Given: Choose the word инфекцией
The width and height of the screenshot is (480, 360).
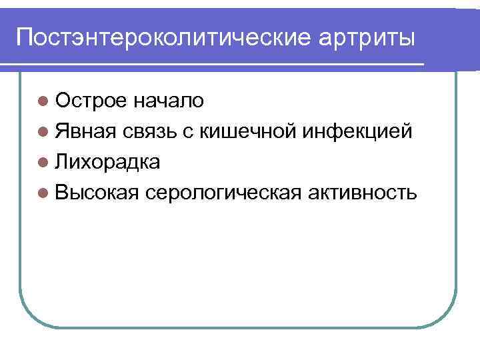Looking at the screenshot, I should (x=361, y=131).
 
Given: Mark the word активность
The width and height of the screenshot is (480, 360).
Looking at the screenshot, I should (x=363, y=193).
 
